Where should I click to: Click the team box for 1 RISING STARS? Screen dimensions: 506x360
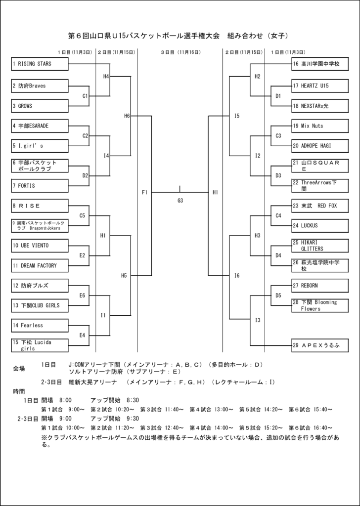click(40, 64)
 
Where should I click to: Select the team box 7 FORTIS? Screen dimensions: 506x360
click(40, 186)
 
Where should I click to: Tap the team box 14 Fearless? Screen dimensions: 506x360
click(40, 326)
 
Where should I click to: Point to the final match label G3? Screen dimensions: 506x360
click(180, 200)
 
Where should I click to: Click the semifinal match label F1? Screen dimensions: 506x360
click(144, 192)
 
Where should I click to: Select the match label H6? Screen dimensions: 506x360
click(127, 116)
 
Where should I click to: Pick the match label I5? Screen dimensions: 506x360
click(236, 116)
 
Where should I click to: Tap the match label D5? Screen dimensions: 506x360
click(278, 295)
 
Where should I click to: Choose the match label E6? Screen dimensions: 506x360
click(82, 295)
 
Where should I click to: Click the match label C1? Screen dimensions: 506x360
click(85, 96)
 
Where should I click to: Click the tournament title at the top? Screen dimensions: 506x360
click(180, 36)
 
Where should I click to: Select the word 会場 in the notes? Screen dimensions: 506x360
click(19, 369)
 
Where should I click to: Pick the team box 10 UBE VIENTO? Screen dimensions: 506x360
click(40, 246)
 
